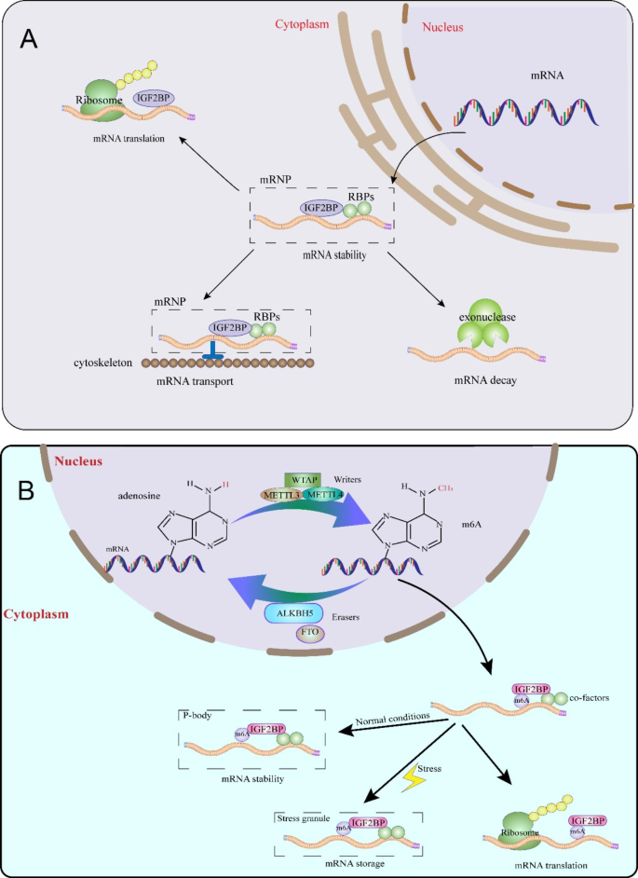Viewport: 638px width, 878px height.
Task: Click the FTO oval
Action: (x=309, y=634)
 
